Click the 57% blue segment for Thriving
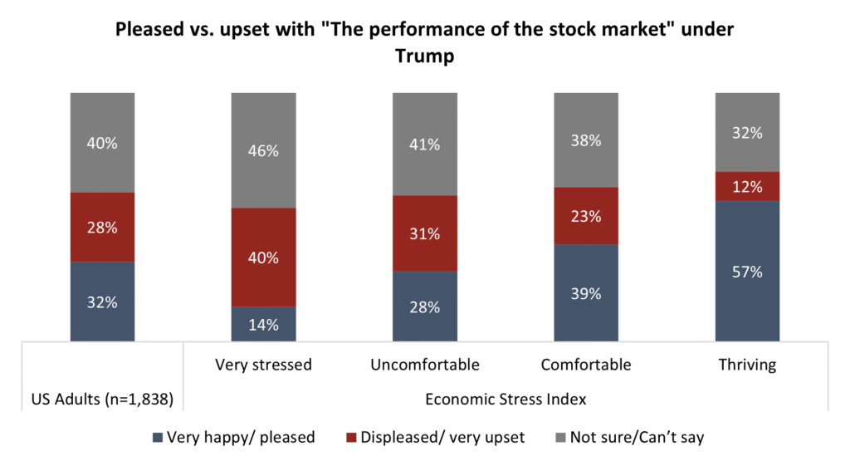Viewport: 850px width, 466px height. (x=747, y=271)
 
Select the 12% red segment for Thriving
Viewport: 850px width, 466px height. (x=747, y=186)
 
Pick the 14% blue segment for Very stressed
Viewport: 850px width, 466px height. (x=263, y=324)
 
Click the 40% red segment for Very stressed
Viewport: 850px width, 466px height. (x=263, y=257)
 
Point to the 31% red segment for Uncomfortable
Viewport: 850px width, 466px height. (x=424, y=233)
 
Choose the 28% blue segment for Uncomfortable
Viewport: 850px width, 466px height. (x=424, y=306)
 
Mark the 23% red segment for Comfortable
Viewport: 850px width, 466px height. (x=585, y=216)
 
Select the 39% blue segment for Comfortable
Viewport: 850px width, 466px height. (x=585, y=292)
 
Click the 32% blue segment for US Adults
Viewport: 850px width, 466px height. (x=102, y=302)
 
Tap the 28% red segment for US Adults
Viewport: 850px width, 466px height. (x=102, y=227)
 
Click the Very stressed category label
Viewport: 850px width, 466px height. (x=263, y=364)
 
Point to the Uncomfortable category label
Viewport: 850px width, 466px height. (x=424, y=364)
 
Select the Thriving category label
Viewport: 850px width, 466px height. (x=747, y=364)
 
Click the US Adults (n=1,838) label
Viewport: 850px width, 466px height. (x=102, y=399)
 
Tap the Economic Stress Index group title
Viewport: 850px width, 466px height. (x=506, y=399)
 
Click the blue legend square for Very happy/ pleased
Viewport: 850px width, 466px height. (x=158, y=437)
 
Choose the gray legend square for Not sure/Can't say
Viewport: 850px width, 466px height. (x=560, y=437)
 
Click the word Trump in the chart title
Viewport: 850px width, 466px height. (x=424, y=58)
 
